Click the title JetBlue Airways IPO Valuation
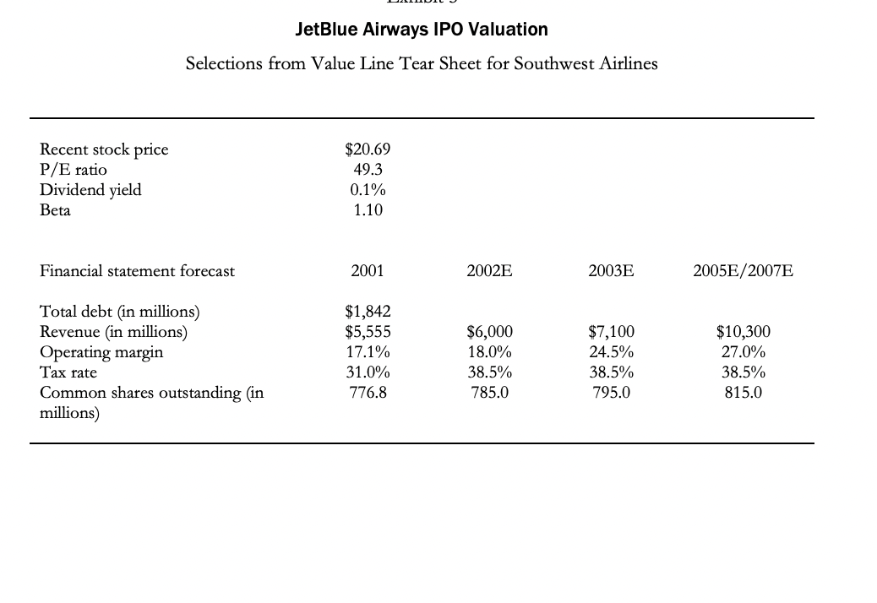click(x=422, y=30)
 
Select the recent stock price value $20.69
click(x=368, y=149)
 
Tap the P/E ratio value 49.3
click(x=368, y=170)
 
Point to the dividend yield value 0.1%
click(x=368, y=190)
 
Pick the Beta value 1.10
click(x=368, y=210)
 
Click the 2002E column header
click(x=489, y=271)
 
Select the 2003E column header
click(x=611, y=271)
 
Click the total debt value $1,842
click(x=368, y=312)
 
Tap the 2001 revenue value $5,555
click(x=368, y=332)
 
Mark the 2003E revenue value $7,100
click(x=611, y=332)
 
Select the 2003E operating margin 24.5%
click(x=611, y=352)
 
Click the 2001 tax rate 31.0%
click(x=368, y=372)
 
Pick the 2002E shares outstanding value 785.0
click(x=489, y=393)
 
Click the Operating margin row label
click(x=101, y=352)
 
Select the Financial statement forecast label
click(x=137, y=271)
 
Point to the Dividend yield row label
click(x=90, y=190)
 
